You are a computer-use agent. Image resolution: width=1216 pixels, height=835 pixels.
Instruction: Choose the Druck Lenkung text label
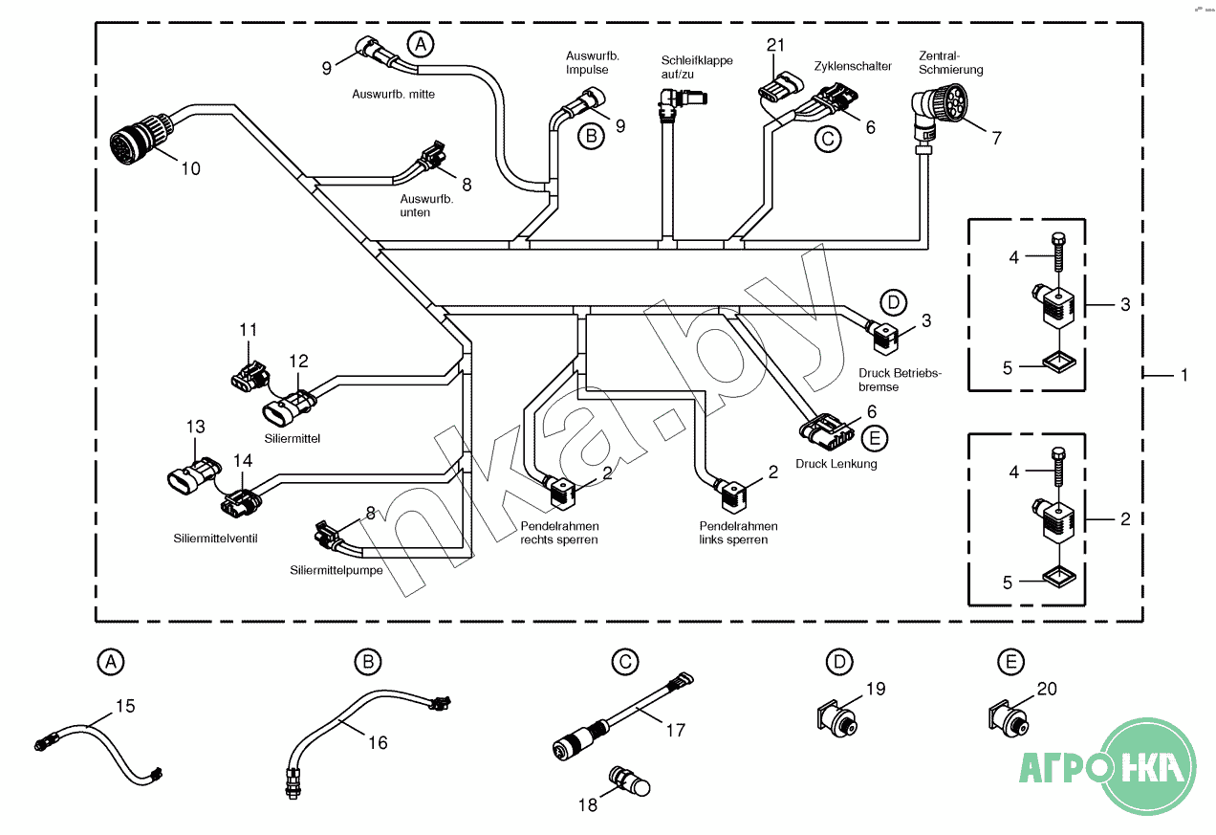click(836, 464)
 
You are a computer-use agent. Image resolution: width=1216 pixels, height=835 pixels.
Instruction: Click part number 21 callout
click(776, 44)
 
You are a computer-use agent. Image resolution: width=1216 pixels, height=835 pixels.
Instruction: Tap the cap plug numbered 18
click(629, 781)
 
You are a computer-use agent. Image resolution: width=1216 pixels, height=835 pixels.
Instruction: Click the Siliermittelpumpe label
click(337, 570)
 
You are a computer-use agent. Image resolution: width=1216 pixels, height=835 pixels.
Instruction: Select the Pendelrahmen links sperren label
click(738, 533)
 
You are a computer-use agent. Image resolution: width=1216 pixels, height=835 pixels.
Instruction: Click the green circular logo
click(1148, 767)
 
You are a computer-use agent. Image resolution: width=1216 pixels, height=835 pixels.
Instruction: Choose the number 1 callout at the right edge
click(1183, 376)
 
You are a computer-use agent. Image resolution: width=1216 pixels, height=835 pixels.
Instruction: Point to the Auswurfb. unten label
click(425, 205)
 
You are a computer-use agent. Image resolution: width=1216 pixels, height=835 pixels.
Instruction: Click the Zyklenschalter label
click(853, 67)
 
